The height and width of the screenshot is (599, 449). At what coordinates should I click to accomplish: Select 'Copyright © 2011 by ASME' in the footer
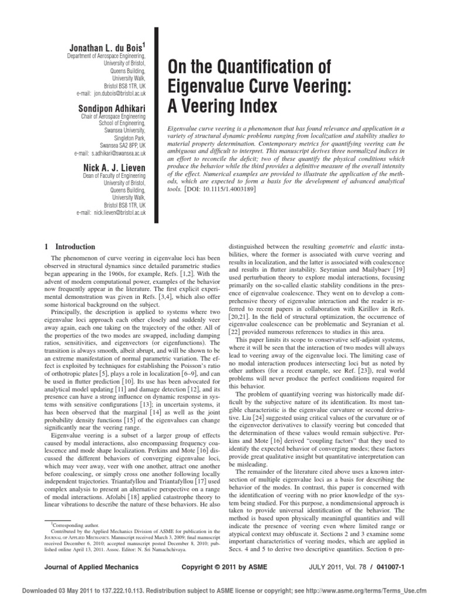pyautogui.click(x=226, y=567)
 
